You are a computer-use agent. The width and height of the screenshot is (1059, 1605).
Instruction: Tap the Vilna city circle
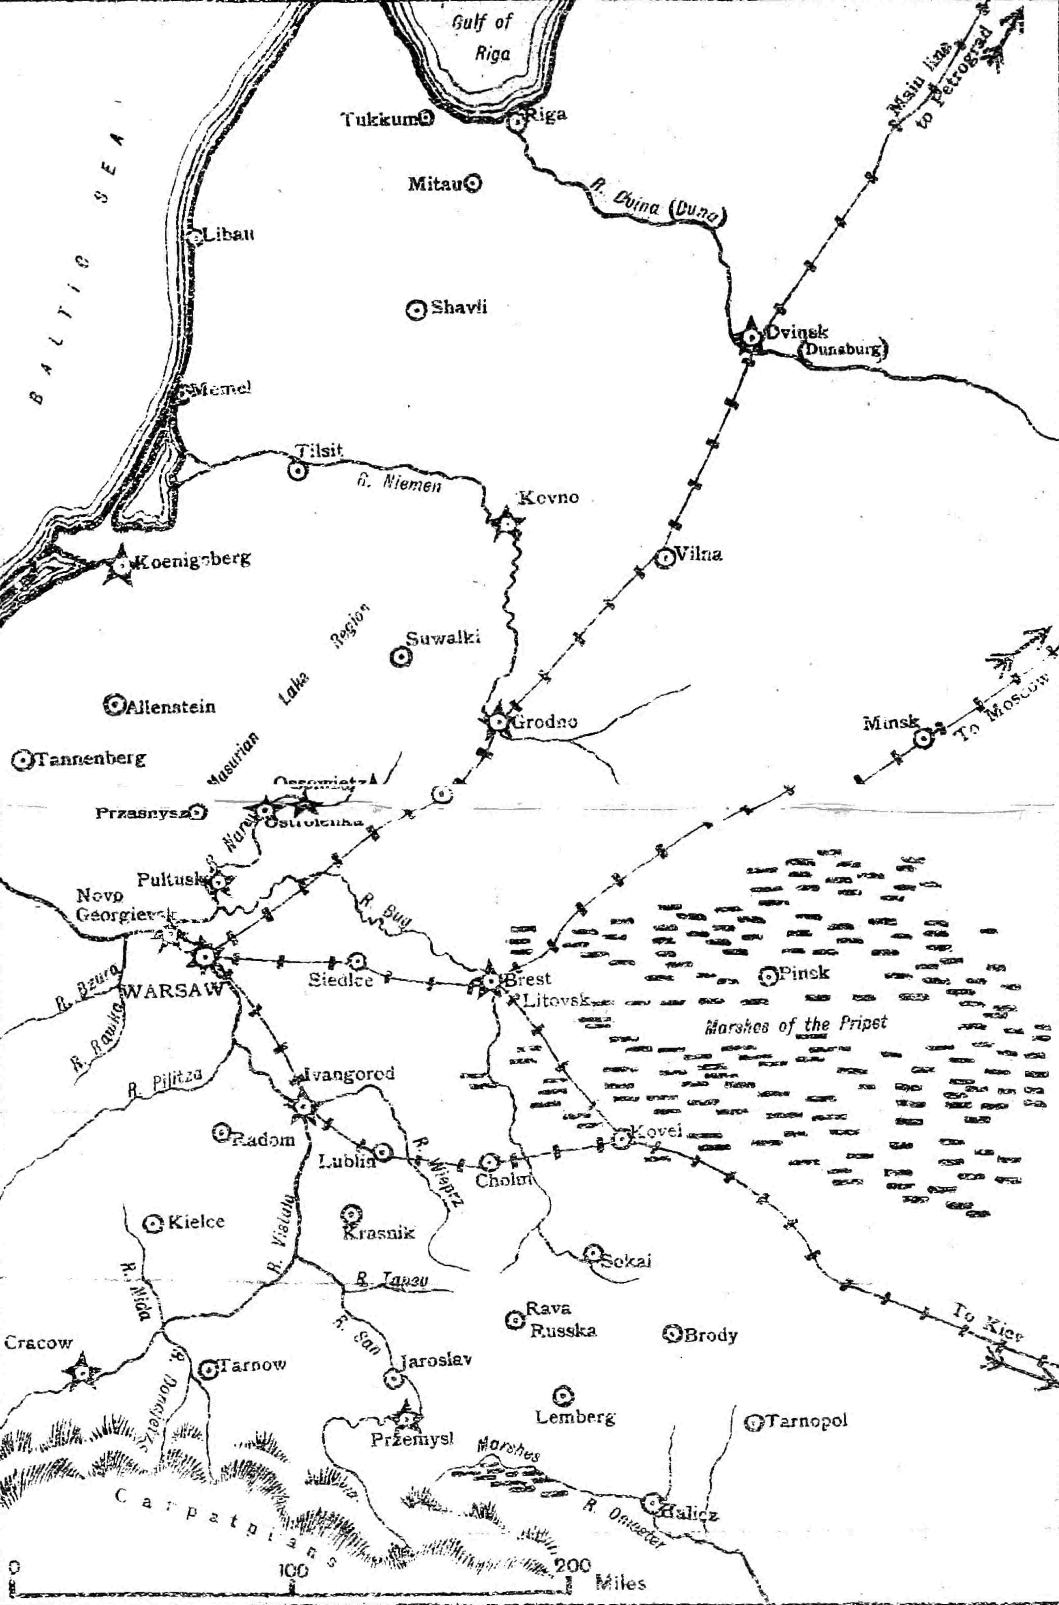(x=665, y=558)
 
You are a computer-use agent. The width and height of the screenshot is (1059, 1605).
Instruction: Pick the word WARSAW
(x=172, y=992)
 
